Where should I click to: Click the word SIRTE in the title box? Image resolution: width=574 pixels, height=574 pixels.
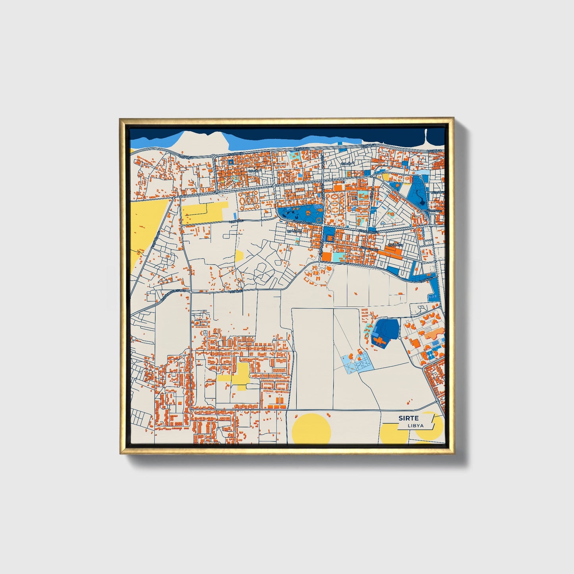pyautogui.click(x=408, y=418)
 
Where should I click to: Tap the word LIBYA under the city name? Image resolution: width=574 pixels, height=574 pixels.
pyautogui.click(x=416, y=425)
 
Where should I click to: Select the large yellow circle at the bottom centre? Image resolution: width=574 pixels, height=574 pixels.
pyautogui.click(x=311, y=429)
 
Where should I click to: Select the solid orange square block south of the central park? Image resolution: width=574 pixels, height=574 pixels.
pyautogui.click(x=327, y=257)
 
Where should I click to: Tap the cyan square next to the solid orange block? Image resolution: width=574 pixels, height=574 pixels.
pyautogui.click(x=338, y=257)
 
